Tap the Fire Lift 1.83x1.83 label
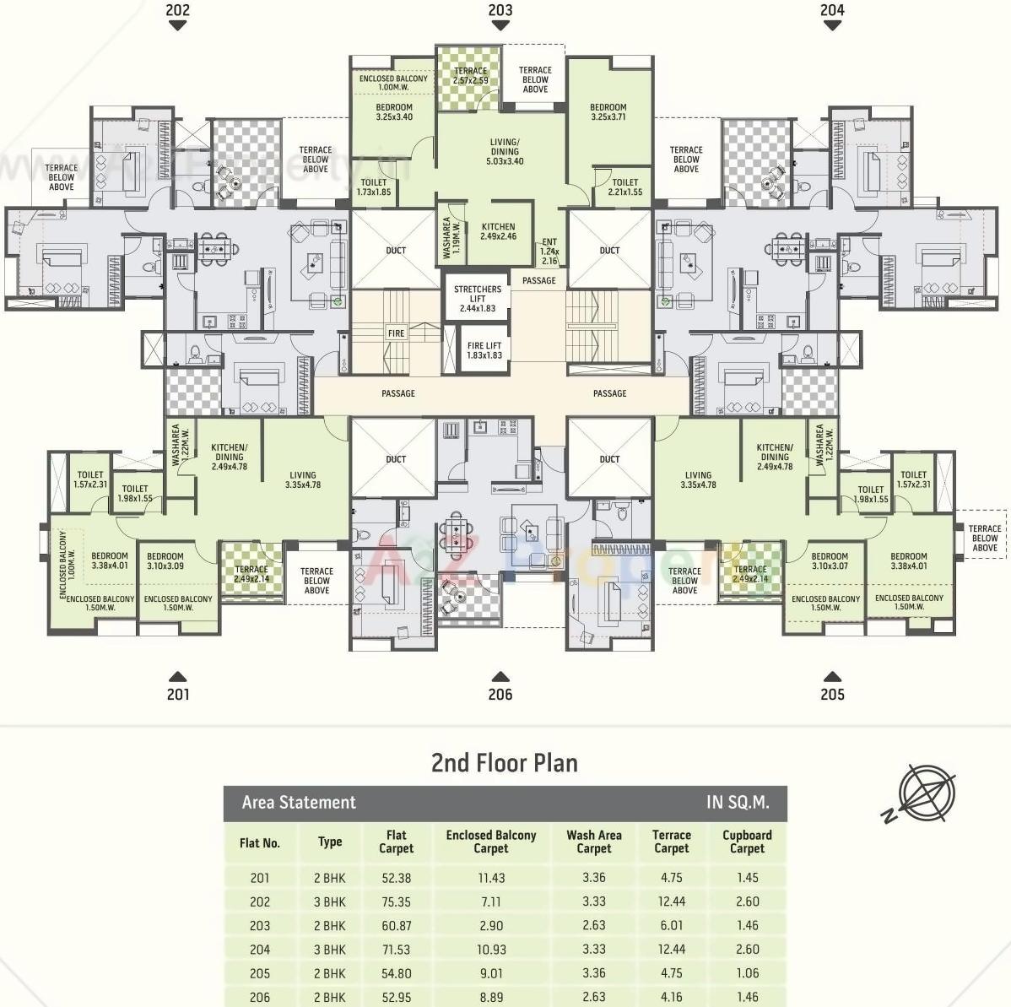tap(484, 350)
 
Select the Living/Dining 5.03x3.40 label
tap(505, 151)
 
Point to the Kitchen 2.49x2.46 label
tap(498, 231)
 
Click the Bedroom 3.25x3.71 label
tap(608, 112)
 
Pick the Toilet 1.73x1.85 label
tap(374, 187)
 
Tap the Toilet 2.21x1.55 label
tap(625, 187)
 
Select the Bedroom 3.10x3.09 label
tap(165, 561)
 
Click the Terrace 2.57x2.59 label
tap(470, 76)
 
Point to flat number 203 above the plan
tap(500, 10)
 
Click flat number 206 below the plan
tap(500, 694)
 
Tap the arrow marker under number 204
tap(832, 26)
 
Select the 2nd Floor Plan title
tap(505, 763)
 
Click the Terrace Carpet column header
tap(672, 842)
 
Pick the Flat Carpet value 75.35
tap(396, 901)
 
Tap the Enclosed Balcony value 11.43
tap(491, 878)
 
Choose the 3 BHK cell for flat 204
tap(330, 950)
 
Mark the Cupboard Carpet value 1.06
tap(747, 973)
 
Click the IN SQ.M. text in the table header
tap(738, 803)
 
